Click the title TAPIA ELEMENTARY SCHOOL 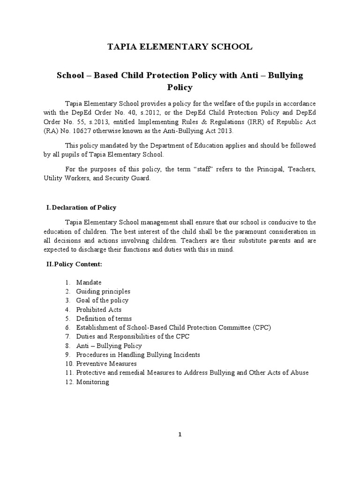click(180, 46)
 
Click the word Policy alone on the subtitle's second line click(180, 87)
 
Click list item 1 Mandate click(89, 282)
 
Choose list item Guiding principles click(103, 291)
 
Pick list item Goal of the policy click(102, 300)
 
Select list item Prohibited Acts click(99, 309)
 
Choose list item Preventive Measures click(106, 363)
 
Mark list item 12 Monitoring click(93, 382)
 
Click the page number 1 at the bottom click(180, 435)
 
